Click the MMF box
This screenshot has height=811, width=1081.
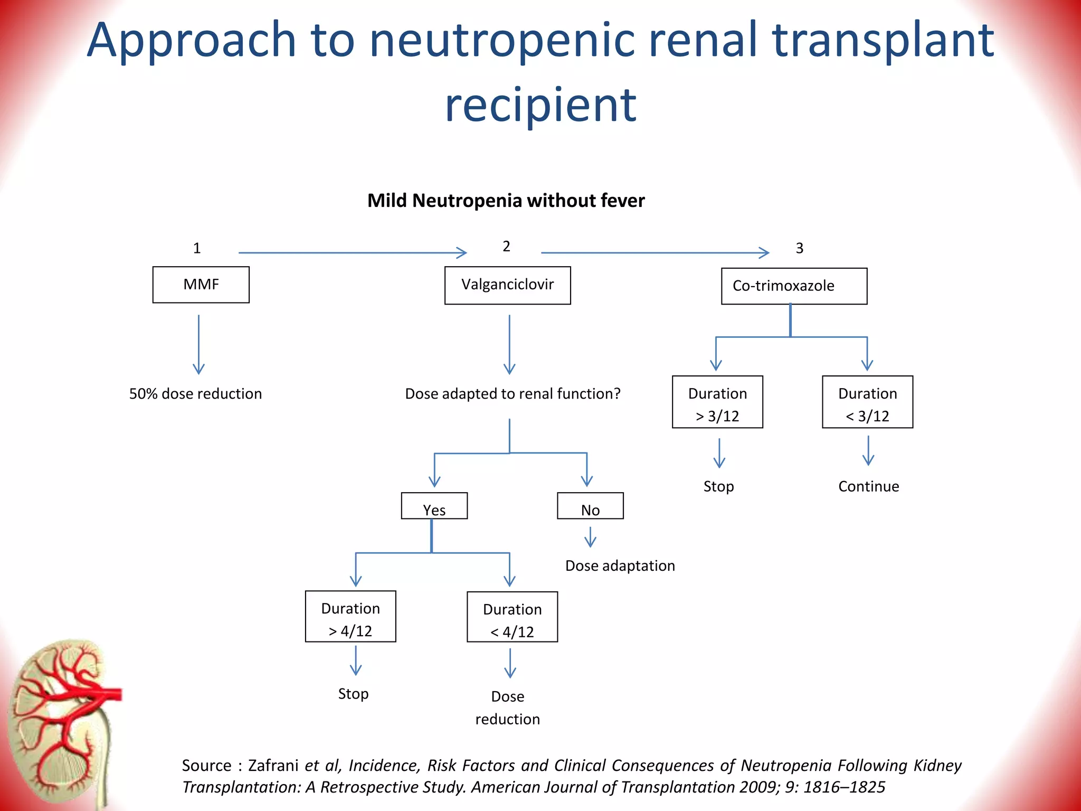pos(201,285)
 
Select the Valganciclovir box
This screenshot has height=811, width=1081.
pos(507,285)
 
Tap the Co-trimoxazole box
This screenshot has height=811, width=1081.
pos(793,286)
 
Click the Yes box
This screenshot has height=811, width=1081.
pos(434,506)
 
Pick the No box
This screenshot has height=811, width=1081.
pos(590,506)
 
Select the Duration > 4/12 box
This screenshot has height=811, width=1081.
pos(350,617)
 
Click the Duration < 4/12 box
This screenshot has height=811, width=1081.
pos(512,617)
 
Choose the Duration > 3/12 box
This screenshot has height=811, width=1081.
pos(717,402)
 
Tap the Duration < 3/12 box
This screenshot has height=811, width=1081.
pos(867,402)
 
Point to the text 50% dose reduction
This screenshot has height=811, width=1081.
pos(195,394)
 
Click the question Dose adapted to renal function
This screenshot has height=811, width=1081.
pos(512,394)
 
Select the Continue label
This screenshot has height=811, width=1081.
pos(868,486)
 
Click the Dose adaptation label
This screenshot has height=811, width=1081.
pos(620,566)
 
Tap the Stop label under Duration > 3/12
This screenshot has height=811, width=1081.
pos(718,486)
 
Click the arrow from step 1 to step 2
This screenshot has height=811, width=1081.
pos(353,253)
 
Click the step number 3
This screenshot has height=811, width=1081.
pos(799,248)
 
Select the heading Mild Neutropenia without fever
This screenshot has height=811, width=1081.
pos(506,201)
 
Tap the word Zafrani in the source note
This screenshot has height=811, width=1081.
pos(273,766)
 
